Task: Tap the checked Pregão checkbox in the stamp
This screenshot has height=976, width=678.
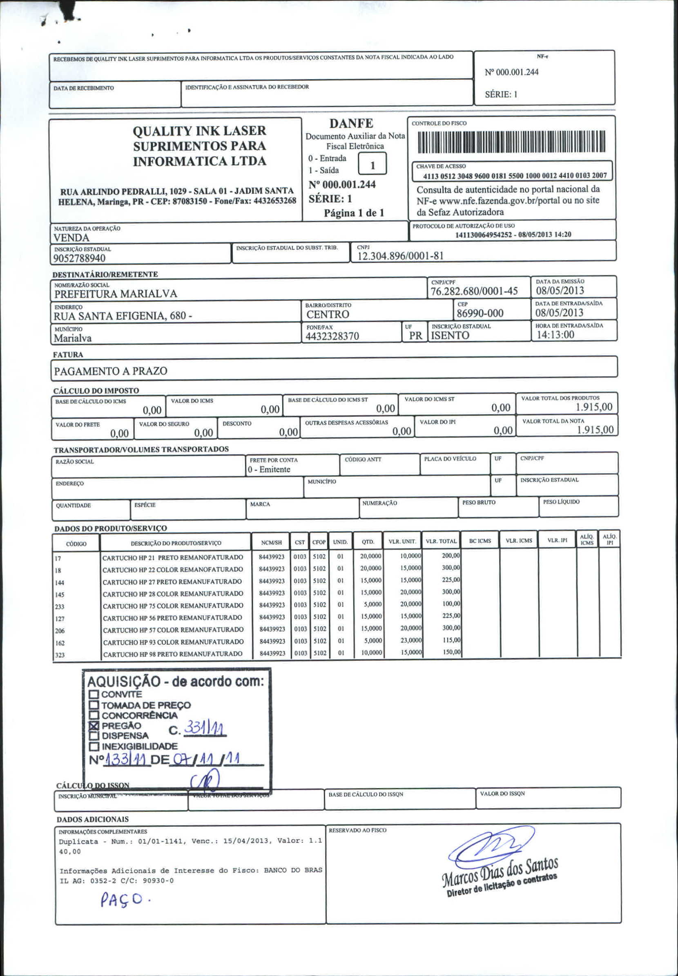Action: click(x=94, y=726)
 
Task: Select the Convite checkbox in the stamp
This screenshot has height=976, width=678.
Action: click(x=94, y=694)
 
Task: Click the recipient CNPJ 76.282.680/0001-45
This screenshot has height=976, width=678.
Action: click(x=474, y=291)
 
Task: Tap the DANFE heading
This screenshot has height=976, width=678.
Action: click(x=351, y=124)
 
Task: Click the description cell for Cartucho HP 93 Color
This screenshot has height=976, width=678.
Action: click(x=173, y=642)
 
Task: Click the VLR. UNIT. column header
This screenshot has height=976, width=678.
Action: click(x=402, y=541)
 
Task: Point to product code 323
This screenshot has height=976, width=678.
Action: click(x=60, y=655)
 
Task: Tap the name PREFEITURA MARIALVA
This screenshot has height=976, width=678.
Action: click(x=116, y=294)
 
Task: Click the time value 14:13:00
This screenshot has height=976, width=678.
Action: click(x=555, y=334)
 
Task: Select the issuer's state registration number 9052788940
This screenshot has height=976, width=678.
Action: click(x=79, y=258)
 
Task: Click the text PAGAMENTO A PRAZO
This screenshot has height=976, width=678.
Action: click(x=110, y=371)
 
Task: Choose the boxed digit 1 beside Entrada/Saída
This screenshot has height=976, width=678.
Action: click(x=372, y=165)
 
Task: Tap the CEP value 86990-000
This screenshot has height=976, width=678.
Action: click(x=480, y=314)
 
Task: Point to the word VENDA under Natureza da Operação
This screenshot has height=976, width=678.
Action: click(x=71, y=237)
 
